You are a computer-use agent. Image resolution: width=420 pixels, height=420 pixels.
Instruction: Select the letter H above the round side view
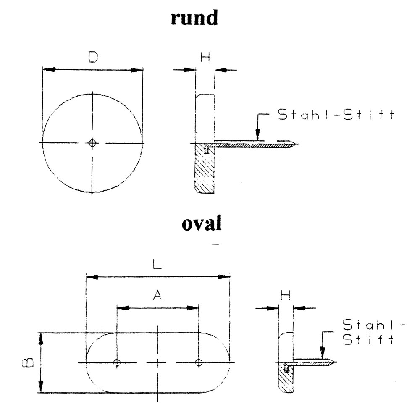pyautogui.click(x=205, y=58)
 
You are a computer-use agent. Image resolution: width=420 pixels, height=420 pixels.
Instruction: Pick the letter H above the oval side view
pyautogui.click(x=286, y=297)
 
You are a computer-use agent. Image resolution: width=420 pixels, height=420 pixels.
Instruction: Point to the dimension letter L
pyautogui.click(x=157, y=265)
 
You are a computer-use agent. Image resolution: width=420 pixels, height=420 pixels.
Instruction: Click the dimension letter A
pyautogui.click(x=157, y=296)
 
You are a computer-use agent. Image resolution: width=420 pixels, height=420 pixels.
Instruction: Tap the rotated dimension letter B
pyautogui.click(x=26, y=362)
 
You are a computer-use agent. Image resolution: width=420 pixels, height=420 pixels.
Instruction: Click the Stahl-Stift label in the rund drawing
pyautogui.click(x=336, y=115)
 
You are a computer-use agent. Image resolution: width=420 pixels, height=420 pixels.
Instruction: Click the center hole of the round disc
pyautogui.click(x=93, y=143)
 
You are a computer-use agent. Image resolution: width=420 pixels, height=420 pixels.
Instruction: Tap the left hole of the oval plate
pyautogui.click(x=118, y=362)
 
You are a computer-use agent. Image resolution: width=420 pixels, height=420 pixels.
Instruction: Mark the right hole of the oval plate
pyautogui.click(x=199, y=362)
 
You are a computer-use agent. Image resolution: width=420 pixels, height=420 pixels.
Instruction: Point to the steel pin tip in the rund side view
pyautogui.click(x=297, y=144)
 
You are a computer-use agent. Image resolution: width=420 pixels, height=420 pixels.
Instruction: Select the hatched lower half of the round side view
pyautogui.click(x=204, y=168)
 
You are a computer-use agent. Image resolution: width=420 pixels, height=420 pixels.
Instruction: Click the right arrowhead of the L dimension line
pyautogui.click(x=226, y=277)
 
